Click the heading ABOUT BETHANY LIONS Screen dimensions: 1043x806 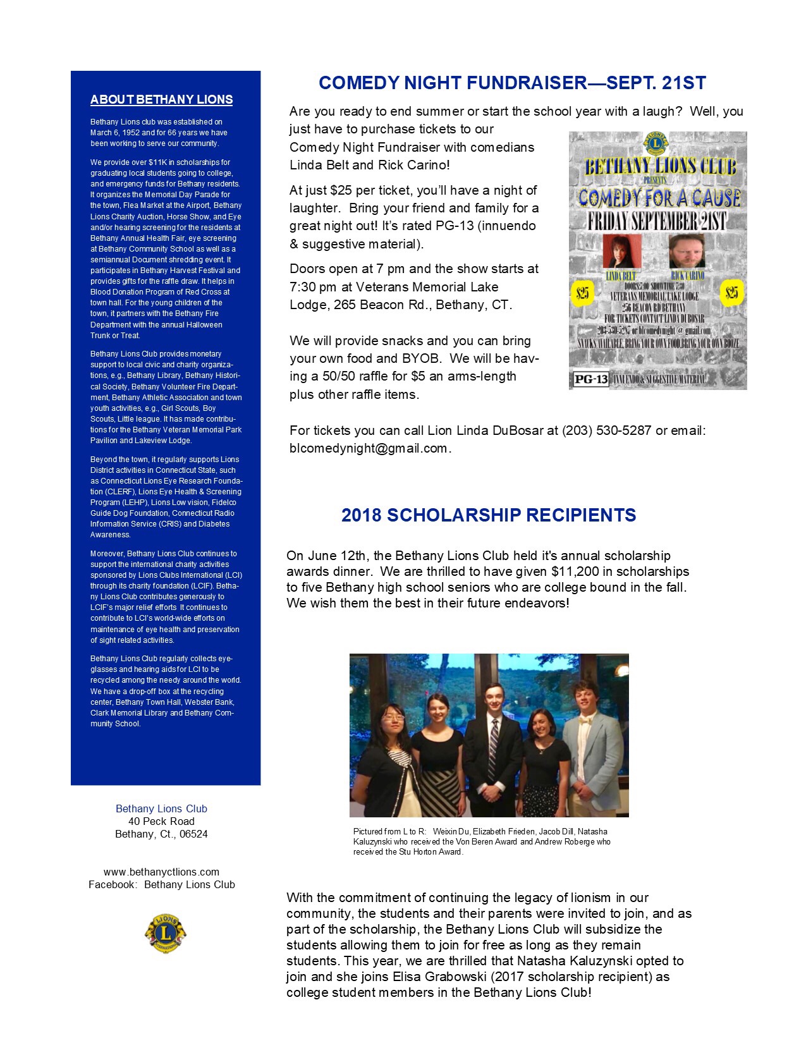(161, 100)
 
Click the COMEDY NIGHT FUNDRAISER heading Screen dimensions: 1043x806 (512, 83)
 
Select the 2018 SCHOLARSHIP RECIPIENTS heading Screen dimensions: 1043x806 (489, 515)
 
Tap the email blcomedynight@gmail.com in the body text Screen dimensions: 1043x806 (369, 448)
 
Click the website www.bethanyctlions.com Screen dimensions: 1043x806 (161, 872)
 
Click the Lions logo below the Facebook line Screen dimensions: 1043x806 (165, 933)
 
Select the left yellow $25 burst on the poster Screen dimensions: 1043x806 (582, 293)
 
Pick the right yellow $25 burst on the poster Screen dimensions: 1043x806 (732, 293)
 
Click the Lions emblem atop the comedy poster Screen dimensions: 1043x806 (656, 143)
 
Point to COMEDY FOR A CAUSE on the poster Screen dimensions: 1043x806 (659, 198)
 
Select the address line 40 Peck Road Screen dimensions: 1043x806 (161, 821)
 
